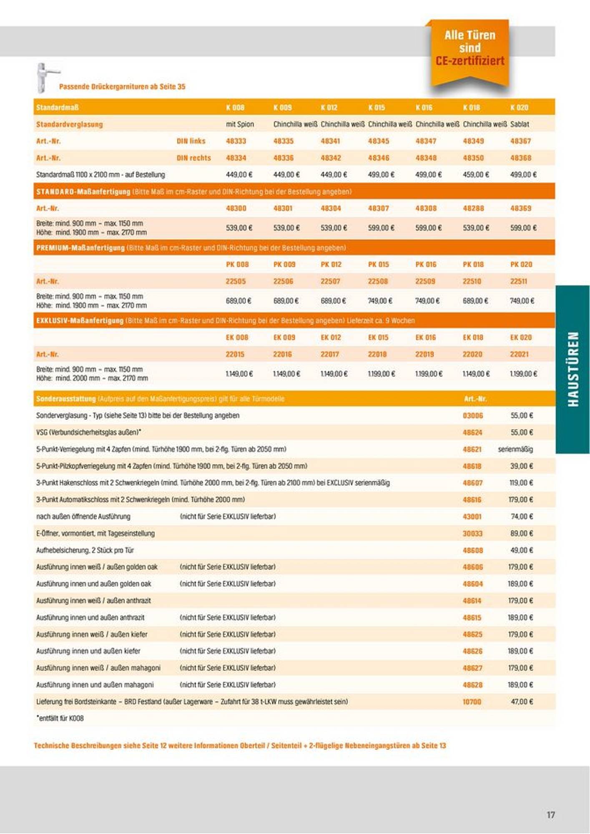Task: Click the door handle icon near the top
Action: click(45, 77)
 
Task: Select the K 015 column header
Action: click(377, 108)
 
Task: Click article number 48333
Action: click(236, 141)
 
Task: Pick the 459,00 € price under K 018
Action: click(476, 175)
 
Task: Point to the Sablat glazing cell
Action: click(520, 124)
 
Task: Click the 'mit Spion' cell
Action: click(240, 124)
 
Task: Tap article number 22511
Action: click(519, 281)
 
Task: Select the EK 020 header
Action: click(521, 337)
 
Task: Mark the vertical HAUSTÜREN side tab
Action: click(573, 369)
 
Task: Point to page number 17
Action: click(551, 815)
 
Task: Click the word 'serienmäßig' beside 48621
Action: click(515, 450)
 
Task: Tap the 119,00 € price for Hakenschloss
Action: click(521, 483)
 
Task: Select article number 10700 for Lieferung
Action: click(472, 702)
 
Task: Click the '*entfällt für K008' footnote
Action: click(60, 718)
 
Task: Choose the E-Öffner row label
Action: click(95, 533)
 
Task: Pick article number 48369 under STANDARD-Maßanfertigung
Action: click(521, 208)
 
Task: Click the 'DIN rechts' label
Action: click(193, 158)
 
